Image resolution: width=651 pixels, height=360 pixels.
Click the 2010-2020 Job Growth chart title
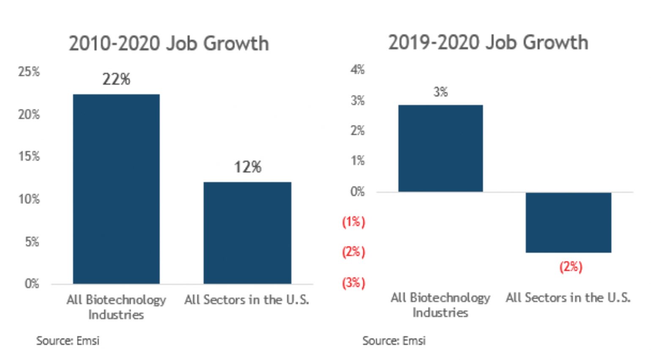169,44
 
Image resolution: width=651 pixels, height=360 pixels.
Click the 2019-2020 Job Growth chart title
488,43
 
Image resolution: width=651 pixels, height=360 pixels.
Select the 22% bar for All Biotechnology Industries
116,189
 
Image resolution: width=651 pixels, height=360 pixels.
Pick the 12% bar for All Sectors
247,233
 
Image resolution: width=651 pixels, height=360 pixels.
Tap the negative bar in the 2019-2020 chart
568,223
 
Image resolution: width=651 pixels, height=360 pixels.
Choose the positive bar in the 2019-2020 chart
440,148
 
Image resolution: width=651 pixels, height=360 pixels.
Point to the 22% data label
116,79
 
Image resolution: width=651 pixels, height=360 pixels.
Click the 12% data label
248,167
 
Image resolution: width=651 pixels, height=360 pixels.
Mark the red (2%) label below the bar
571,267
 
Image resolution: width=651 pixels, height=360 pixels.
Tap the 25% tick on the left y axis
29,71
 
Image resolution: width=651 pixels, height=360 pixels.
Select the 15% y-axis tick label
29,156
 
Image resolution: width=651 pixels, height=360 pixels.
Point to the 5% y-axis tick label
32,242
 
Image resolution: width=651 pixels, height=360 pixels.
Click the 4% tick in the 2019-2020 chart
357,69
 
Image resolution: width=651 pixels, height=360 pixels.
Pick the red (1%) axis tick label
353,222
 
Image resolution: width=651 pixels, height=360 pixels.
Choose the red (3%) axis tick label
353,283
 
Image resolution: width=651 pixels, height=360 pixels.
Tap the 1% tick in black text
357,161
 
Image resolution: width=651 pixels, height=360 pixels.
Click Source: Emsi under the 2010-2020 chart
68,341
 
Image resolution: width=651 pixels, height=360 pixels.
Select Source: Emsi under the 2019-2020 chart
394,341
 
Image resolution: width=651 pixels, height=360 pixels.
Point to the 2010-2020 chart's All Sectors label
246,300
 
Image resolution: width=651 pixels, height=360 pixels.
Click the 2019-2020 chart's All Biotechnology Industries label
440,305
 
